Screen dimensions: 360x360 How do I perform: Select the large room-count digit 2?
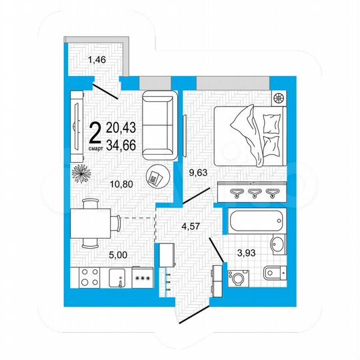pos(95,131)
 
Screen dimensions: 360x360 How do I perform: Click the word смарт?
pos(95,148)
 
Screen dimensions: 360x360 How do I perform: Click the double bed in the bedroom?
pos(251,137)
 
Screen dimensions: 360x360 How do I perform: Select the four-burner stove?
pos(89,277)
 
